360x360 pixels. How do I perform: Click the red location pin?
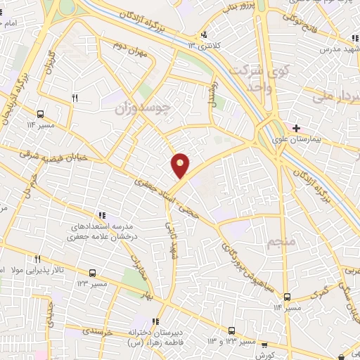[x=181, y=164]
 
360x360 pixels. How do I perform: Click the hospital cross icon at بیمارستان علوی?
[x=297, y=128]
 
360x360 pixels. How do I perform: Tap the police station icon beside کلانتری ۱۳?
[x=204, y=34]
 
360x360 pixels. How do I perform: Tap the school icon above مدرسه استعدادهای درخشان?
[x=102, y=215]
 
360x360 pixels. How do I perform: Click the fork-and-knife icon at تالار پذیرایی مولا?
[x=39, y=259]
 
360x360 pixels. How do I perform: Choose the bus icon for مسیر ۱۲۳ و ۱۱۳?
[x=232, y=330]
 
